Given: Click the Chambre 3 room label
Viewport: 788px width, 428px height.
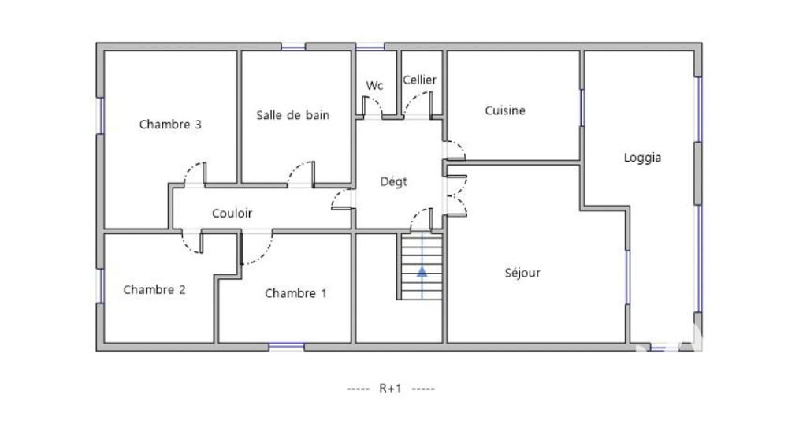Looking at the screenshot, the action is (170, 125).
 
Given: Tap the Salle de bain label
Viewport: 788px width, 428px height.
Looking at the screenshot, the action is (293, 115).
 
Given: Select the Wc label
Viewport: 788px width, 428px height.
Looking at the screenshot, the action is (374, 85).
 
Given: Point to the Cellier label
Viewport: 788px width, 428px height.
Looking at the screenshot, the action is (420, 80).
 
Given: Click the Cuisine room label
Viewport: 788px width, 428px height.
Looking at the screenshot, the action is (505, 110).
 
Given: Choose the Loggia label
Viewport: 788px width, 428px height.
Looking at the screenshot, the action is (642, 158).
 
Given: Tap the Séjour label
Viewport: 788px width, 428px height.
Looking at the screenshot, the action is (522, 273).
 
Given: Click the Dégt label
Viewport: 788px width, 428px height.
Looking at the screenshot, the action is (393, 181).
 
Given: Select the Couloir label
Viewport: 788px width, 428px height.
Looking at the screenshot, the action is (232, 214).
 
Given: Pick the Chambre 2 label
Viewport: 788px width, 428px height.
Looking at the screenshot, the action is (154, 290).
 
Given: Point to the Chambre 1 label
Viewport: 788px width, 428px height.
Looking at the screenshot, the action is (295, 293).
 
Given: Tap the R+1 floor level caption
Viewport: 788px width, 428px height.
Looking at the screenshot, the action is (391, 389).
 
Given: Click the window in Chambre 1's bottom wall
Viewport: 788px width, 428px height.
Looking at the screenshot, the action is (287, 347).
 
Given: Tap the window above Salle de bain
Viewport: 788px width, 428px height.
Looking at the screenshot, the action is (293, 47).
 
